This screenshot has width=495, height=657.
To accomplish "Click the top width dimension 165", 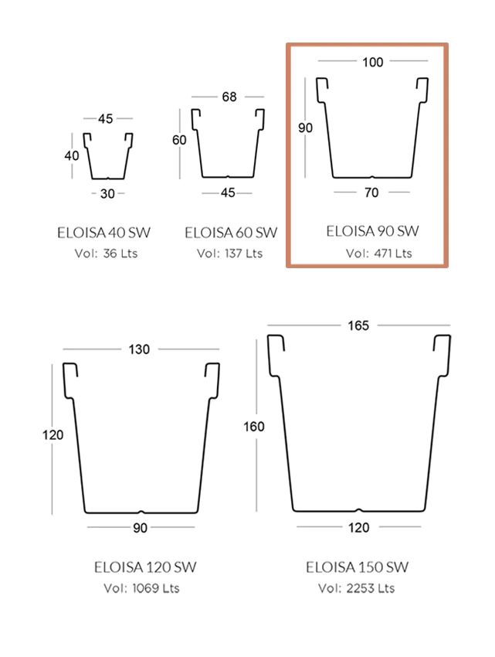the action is pos(358,325).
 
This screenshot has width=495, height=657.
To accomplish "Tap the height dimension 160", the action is pos(254,427).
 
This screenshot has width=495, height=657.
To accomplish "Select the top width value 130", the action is pos(139,349).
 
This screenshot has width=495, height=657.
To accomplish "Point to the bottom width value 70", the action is pos(371,192).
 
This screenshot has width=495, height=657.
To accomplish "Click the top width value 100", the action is pos(373,62).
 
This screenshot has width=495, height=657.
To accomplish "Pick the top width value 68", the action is pos(229,97).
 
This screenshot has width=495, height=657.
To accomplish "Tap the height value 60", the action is pos(179,140).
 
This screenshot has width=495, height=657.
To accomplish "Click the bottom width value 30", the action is pos(107,193).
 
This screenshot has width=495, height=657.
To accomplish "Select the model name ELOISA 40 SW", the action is pos(103,233).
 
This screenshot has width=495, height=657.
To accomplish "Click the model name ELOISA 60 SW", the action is pos(231,233).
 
